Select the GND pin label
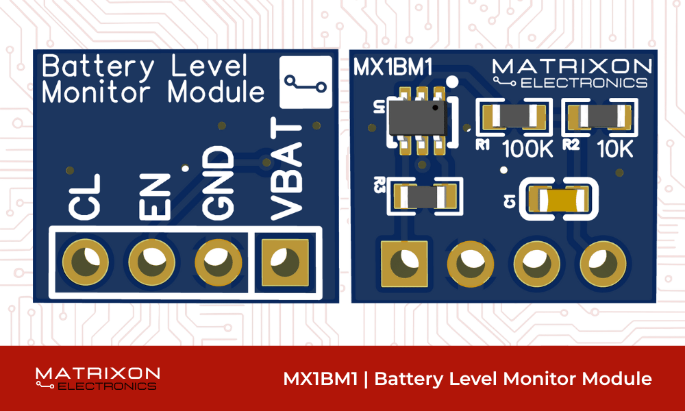(219, 182)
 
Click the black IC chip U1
(414, 117)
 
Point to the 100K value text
(527, 149)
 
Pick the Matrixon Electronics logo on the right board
(571, 73)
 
